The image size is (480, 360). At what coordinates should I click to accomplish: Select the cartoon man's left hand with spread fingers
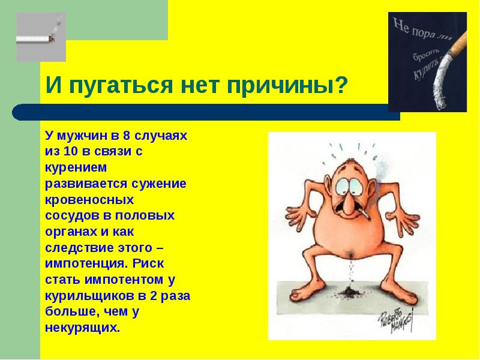pos(299,214)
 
